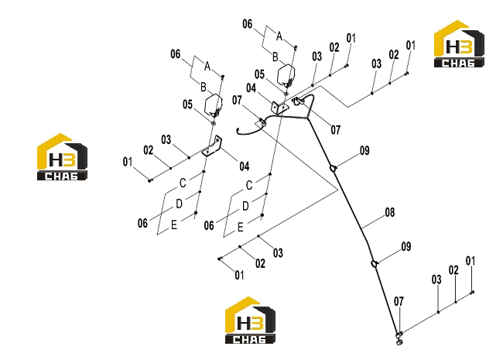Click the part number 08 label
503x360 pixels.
pos(390,212)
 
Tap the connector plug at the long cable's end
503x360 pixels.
pos(399,338)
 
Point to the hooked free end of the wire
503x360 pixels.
pos(238,131)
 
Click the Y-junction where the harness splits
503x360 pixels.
pos(307,118)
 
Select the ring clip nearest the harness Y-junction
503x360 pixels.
pos(334,168)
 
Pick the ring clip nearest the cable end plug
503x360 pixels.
pos(374,264)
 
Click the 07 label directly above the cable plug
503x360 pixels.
pos(399,302)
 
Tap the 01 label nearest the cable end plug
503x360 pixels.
pos(470,261)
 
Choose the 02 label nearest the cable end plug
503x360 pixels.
pos(453,270)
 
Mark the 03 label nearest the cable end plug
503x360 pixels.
pos(436,279)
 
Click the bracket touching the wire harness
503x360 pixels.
pos(279,108)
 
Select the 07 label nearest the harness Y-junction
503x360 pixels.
pos(336,130)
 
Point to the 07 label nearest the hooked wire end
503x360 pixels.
pos(237,101)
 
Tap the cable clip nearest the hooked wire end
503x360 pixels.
pos(262,122)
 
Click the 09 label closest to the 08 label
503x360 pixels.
pos(406,247)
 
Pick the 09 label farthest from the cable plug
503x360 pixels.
pos(364,151)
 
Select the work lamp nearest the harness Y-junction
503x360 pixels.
pos(286,75)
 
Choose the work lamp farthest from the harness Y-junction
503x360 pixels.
pos(214,105)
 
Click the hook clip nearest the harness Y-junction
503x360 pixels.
pos(299,101)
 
